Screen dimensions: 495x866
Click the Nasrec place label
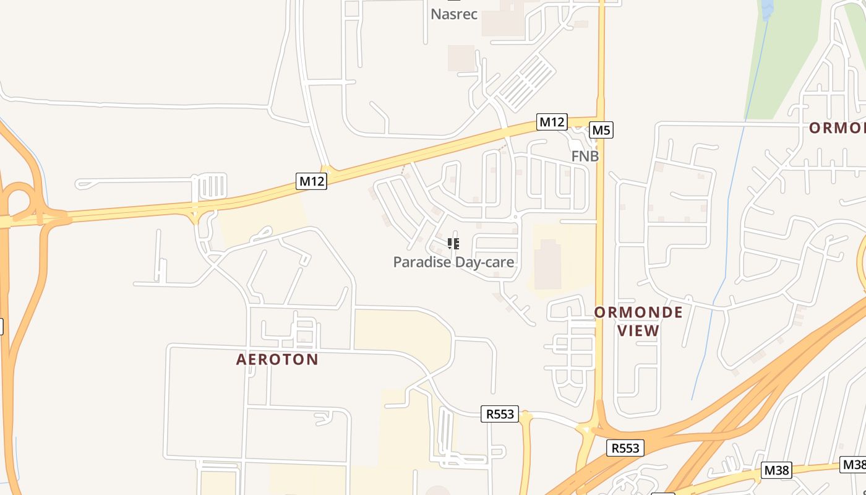[x=454, y=14]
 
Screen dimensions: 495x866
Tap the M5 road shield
[x=601, y=130]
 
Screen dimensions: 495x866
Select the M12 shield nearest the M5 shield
[x=552, y=122]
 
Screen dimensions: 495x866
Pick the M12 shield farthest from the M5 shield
[x=311, y=181]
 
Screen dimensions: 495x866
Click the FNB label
[x=585, y=157]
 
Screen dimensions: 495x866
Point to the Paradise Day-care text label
[x=453, y=262]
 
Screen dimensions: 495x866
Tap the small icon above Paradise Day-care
[x=453, y=244]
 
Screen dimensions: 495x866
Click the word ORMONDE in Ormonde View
[x=638, y=312]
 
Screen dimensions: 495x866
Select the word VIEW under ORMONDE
[x=638, y=331]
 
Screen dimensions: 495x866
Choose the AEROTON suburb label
[x=277, y=359]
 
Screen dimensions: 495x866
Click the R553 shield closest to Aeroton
[x=500, y=414]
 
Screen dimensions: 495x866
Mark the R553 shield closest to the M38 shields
[x=625, y=448]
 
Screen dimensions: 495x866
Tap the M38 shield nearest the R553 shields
[x=776, y=470]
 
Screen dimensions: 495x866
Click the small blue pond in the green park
[x=767, y=9]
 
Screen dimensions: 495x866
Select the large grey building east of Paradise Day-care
[x=547, y=265]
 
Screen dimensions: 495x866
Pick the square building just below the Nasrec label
[x=461, y=58]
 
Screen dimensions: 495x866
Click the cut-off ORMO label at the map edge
[x=837, y=128]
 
